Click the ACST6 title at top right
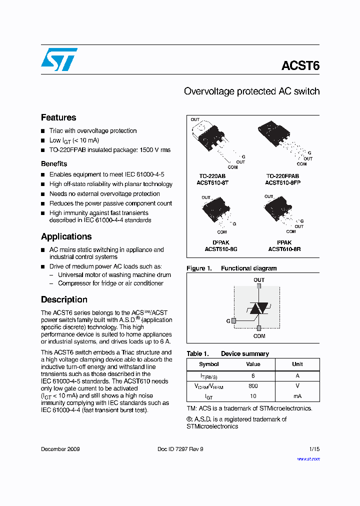pos(300,66)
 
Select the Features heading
pos(58,117)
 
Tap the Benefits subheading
pos(54,163)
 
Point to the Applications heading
pos(66,236)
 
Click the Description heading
pos(64,299)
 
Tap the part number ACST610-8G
pos(221,248)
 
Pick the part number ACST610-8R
pos(284,248)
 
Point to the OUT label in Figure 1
pos(259,280)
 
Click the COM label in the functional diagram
pos(259,336)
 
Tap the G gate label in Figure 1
pos(228,320)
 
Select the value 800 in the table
pos(253,386)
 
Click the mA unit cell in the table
pos(297,396)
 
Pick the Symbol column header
pos(209,364)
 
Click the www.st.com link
pos(308,458)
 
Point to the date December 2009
pos(60,449)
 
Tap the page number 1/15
pos(314,449)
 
